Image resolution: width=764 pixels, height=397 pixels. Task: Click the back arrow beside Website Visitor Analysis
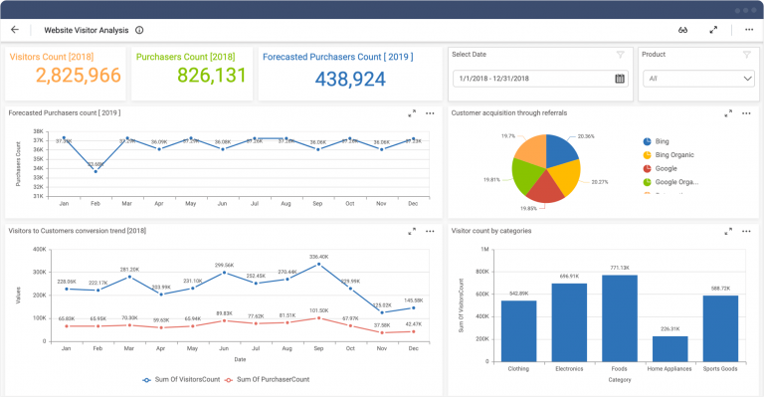click(x=15, y=30)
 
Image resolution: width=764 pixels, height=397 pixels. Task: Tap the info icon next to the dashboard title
click(x=139, y=30)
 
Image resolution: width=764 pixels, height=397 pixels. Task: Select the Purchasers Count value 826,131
click(x=211, y=76)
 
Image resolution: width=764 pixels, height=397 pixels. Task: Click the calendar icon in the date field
click(x=620, y=79)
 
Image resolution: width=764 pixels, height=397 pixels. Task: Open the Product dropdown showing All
click(x=695, y=79)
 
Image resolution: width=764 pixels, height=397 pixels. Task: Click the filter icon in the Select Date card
click(x=620, y=55)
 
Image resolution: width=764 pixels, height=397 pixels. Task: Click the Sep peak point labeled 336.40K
click(x=319, y=265)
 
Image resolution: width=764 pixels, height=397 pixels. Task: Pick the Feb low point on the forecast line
click(x=95, y=171)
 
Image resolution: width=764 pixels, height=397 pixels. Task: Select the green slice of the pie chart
click(x=530, y=176)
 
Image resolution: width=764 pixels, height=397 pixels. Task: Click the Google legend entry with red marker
click(x=667, y=168)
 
